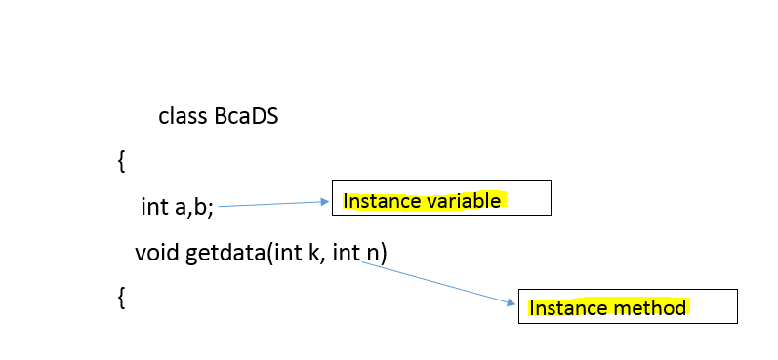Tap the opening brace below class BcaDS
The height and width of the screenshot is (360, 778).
click(x=121, y=161)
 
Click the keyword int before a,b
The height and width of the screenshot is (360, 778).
click(x=154, y=207)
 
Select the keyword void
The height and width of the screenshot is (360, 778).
click(x=157, y=254)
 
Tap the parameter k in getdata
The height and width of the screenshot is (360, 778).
click(x=299, y=254)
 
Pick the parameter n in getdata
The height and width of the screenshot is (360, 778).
click(x=372, y=254)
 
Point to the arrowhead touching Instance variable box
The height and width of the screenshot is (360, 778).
click(x=326, y=202)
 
